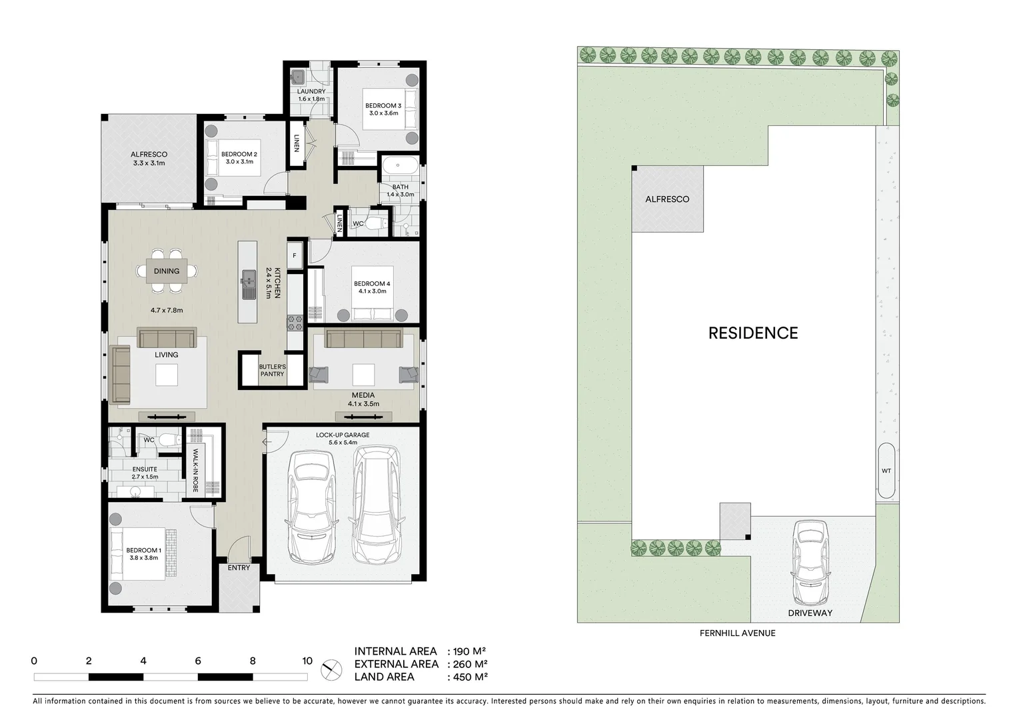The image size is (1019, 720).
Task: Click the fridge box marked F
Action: click(x=295, y=255)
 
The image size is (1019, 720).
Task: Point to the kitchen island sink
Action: click(x=248, y=282)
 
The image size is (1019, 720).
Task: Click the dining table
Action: click(x=167, y=271)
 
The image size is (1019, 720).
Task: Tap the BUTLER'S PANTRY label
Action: click(x=272, y=371)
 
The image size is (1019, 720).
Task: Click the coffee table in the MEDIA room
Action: click(x=363, y=375)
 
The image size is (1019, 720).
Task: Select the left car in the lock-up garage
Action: click(x=311, y=507)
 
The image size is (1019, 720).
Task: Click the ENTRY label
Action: click(x=239, y=568)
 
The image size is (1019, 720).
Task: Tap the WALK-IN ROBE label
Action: click(x=196, y=471)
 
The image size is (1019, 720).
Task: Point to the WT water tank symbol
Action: click(x=886, y=471)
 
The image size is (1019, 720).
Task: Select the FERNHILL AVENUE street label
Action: click(x=737, y=633)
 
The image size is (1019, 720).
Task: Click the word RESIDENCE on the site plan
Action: click(x=753, y=333)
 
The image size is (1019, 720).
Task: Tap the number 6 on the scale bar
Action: click(x=198, y=661)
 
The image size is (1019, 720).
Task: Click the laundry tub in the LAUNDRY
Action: click(x=298, y=76)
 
